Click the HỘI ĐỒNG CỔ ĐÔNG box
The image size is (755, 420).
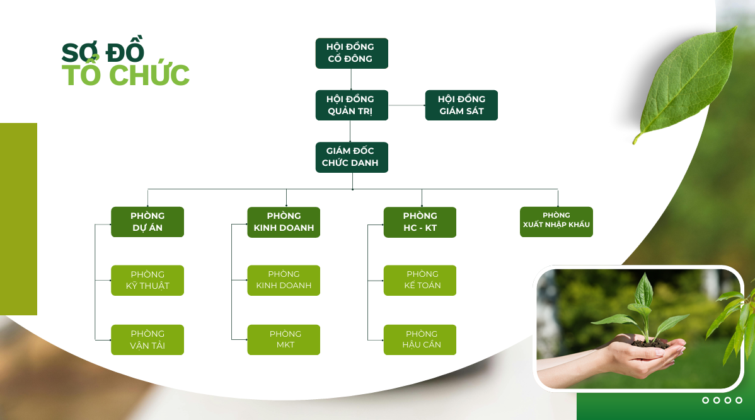[351, 53]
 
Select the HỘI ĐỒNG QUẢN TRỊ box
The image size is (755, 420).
[351, 105]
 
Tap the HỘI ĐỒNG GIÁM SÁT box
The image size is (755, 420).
[461, 105]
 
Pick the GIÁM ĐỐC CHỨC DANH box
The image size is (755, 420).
[351, 157]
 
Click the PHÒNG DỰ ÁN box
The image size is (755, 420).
[147, 222]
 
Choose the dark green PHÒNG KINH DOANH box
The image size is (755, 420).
[284, 222]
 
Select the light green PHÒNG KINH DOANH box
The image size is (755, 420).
[284, 280]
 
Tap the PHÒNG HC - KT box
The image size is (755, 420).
[420, 222]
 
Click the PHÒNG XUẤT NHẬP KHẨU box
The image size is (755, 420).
[556, 222]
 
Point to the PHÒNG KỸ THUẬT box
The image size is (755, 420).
[147, 280]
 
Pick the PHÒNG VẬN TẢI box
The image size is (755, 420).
[147, 340]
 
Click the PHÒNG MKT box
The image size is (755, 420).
[284, 340]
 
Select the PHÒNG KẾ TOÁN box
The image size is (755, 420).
[420, 280]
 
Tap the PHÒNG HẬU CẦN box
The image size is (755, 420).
[420, 340]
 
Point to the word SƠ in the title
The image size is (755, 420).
[78, 52]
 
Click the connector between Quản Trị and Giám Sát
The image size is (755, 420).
[406, 105]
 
